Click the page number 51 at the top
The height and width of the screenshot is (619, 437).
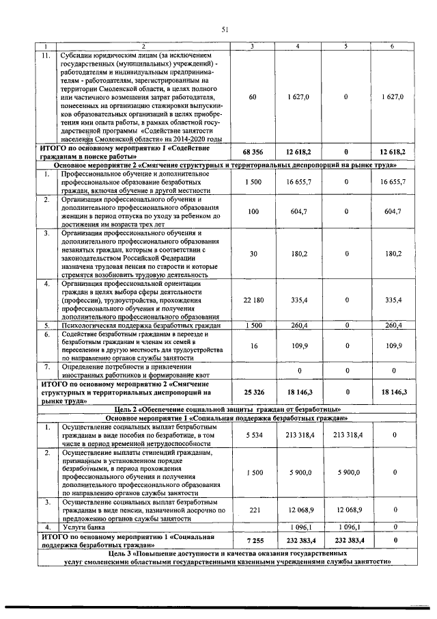click(224, 29)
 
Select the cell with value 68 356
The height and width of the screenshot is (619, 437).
click(253, 152)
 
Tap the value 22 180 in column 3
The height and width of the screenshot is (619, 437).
click(253, 300)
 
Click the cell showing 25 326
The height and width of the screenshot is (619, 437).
click(253, 392)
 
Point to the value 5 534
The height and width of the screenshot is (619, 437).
click(253, 434)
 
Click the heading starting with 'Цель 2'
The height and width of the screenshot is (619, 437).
click(221, 408)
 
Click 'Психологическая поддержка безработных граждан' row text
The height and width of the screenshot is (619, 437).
click(140, 326)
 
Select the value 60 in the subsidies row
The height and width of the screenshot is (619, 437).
click(253, 97)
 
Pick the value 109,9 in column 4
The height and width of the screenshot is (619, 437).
click(298, 346)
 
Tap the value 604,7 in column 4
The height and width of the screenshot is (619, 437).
click(298, 212)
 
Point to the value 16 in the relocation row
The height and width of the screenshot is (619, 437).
click(253, 346)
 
